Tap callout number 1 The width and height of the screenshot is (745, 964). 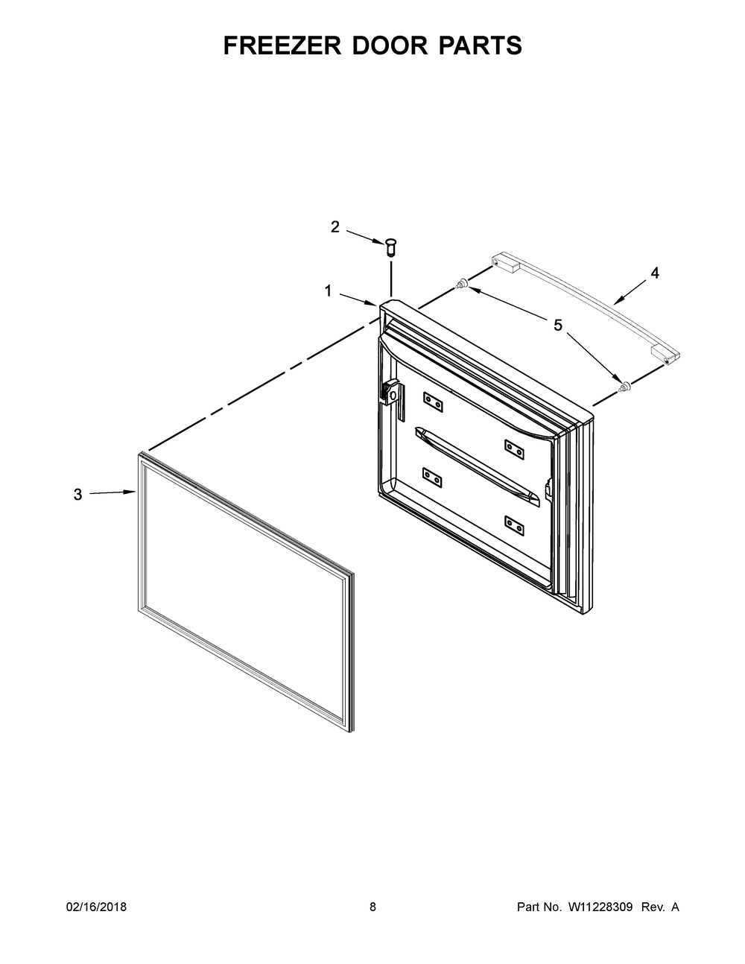[x=328, y=292]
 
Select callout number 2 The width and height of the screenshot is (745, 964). [x=335, y=227]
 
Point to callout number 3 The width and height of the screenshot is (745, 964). [x=77, y=494]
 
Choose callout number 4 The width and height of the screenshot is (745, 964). [x=654, y=273]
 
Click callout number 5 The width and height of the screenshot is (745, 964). [x=558, y=325]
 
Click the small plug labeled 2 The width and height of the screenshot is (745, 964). [x=390, y=247]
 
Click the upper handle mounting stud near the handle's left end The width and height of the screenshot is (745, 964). [x=462, y=283]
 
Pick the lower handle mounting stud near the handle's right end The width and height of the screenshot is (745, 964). [x=625, y=385]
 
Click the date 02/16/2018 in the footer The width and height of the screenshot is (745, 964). [x=97, y=907]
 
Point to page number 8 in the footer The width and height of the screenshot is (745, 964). [x=372, y=907]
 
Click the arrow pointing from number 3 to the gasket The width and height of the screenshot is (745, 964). [x=112, y=492]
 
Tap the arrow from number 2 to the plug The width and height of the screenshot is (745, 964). [x=365, y=235]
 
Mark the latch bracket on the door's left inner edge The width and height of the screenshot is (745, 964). [x=392, y=393]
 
